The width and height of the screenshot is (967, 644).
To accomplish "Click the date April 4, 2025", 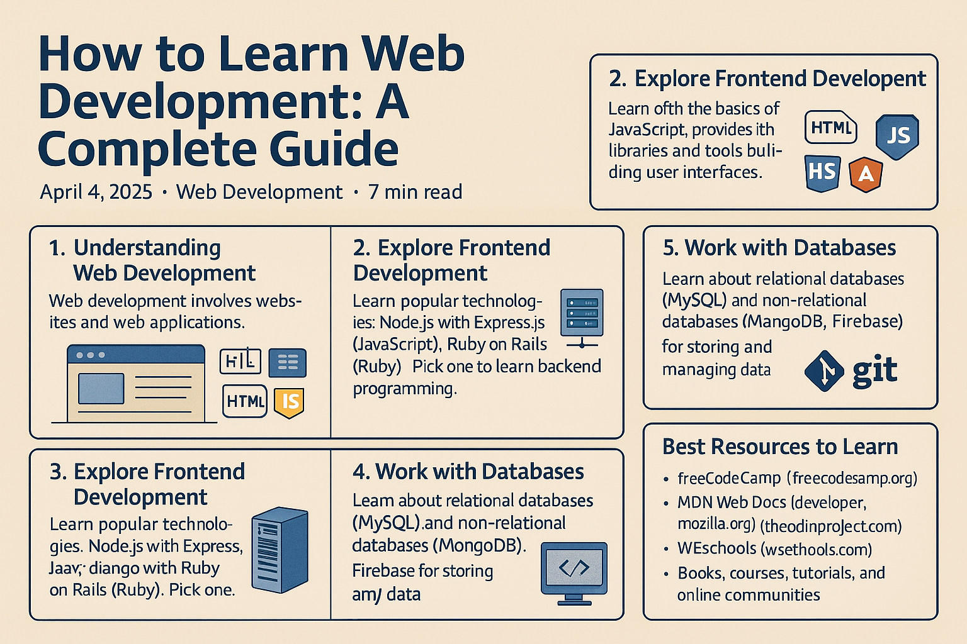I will tap(96, 192).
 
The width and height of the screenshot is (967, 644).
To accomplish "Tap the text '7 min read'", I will tap(415, 192).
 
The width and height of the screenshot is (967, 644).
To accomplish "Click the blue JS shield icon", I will tap(897, 135).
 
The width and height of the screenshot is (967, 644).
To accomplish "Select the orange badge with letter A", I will tap(866, 174).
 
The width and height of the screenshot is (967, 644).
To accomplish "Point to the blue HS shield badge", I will tap(822, 172).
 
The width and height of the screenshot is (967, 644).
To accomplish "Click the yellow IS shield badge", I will tap(290, 401).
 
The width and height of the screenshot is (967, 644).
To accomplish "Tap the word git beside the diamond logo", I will tap(874, 371).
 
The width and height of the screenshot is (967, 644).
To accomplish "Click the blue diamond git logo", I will tap(824, 371).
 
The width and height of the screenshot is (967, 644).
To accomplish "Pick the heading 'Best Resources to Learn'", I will tap(780, 447).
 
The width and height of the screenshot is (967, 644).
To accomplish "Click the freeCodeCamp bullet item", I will tap(729, 478).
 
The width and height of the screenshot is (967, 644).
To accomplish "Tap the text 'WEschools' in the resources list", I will tap(716, 548).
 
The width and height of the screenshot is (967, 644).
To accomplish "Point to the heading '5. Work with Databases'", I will tap(779, 248).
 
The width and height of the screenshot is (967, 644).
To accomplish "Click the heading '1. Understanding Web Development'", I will tap(152, 260).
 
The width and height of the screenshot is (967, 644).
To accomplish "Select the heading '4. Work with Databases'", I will tap(468, 472).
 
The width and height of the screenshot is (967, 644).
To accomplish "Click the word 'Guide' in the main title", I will tap(334, 149).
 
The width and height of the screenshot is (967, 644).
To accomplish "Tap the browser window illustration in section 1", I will tap(136, 384).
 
